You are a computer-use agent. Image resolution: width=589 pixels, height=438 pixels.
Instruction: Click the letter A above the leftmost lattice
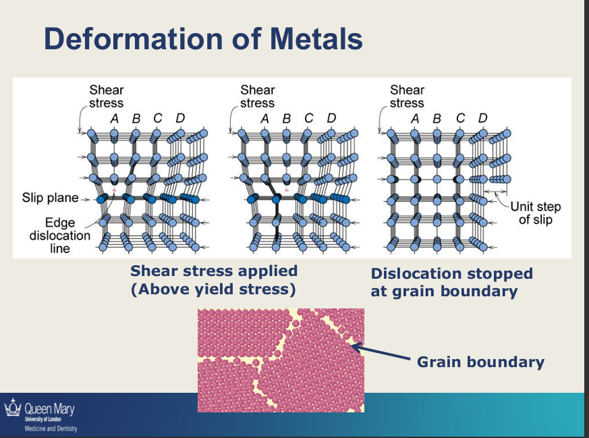click(114, 119)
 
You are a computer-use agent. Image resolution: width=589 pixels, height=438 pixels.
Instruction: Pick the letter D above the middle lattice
click(331, 118)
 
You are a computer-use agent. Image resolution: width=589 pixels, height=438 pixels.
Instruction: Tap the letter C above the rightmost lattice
click(460, 118)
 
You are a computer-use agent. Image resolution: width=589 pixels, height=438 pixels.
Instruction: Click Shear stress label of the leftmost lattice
click(107, 97)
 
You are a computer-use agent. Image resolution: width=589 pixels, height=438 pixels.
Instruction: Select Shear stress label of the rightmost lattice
click(407, 97)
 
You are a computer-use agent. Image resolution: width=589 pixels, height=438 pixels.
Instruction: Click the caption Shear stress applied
click(214, 271)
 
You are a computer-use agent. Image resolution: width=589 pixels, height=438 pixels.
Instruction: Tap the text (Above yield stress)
click(214, 290)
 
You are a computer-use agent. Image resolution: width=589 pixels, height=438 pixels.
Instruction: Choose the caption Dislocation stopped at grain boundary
click(451, 283)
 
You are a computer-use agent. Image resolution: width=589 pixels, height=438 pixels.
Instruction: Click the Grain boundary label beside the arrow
click(480, 362)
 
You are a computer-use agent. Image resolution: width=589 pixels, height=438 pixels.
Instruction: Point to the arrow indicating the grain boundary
click(381, 353)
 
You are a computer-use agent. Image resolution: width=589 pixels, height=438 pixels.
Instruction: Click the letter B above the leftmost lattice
click(136, 119)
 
